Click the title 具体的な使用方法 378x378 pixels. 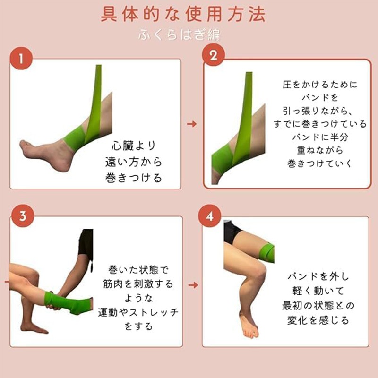tap(183, 14)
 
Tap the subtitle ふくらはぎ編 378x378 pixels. tap(180, 34)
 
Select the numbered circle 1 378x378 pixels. tap(21, 58)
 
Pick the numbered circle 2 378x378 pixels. tap(214, 55)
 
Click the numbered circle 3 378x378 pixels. tap(23, 216)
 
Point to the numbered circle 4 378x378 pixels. tap(209, 216)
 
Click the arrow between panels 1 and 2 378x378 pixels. tap(192, 124)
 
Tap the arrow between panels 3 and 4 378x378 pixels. tap(193, 285)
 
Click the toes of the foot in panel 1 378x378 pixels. tap(25, 146)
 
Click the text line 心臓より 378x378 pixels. tap(134, 146)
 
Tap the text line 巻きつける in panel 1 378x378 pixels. tap(134, 178)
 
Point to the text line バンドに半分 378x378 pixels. tap(320, 137)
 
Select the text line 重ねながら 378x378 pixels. tap(320, 150)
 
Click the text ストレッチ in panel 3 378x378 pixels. tap(154, 312)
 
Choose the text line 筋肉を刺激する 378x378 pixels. tap(138, 284)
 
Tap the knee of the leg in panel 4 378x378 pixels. tap(258, 273)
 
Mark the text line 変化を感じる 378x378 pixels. tap(318, 320)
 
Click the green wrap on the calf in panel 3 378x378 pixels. tap(68, 303)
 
